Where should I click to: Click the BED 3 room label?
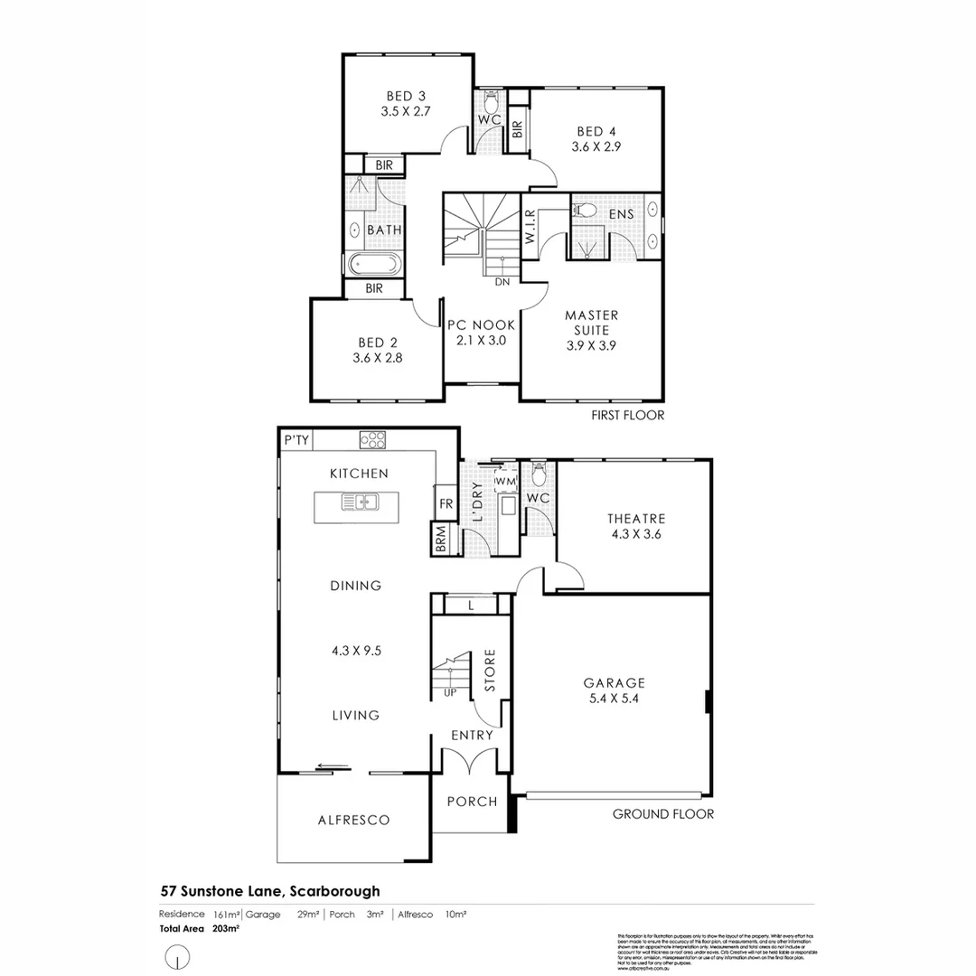[x=406, y=96]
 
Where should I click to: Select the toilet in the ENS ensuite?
[x=585, y=211]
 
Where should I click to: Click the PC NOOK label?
[x=481, y=324]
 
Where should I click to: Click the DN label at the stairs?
[x=502, y=282]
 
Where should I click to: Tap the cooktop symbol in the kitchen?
[x=372, y=440]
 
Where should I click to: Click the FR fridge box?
[x=446, y=503]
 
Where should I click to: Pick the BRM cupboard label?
[x=441, y=540]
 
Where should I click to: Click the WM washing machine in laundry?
[x=505, y=481]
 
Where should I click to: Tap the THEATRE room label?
[x=636, y=519]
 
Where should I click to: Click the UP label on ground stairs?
[x=449, y=692]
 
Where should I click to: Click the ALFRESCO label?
[x=353, y=821]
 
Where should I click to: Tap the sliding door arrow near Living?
[x=333, y=768]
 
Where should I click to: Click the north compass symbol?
[x=179, y=954]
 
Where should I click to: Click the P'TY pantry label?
[x=296, y=440]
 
